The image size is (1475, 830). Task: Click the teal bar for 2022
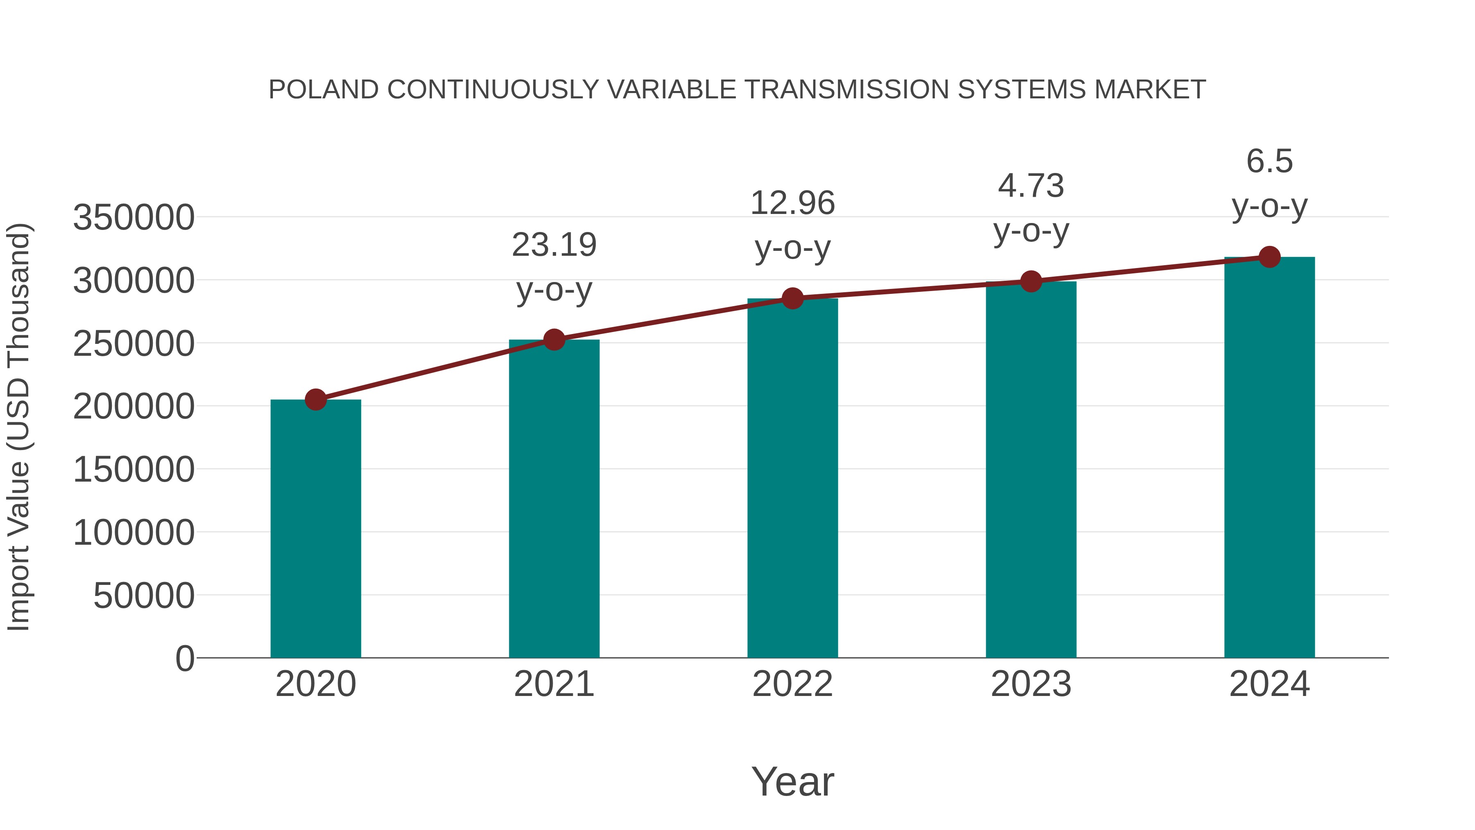pyautogui.click(x=792, y=478)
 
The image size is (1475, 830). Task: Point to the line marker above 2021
pyautogui.click(x=554, y=340)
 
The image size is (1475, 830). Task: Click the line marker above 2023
pyautogui.click(x=1031, y=281)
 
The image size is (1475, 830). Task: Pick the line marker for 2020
pyautogui.click(x=315, y=399)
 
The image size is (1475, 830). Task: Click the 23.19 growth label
pyautogui.click(x=554, y=245)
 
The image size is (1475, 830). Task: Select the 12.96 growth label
pyautogui.click(x=792, y=203)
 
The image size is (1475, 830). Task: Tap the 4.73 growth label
pyautogui.click(x=1031, y=186)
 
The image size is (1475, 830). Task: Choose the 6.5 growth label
pyautogui.click(x=1269, y=161)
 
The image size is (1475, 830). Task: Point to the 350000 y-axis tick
pyautogui.click(x=134, y=218)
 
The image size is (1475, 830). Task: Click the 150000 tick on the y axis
pyautogui.click(x=134, y=470)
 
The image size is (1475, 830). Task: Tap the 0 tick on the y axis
pyautogui.click(x=185, y=659)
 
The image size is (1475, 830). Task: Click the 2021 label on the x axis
pyautogui.click(x=554, y=684)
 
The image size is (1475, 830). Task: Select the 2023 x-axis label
pyautogui.click(x=1031, y=684)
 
